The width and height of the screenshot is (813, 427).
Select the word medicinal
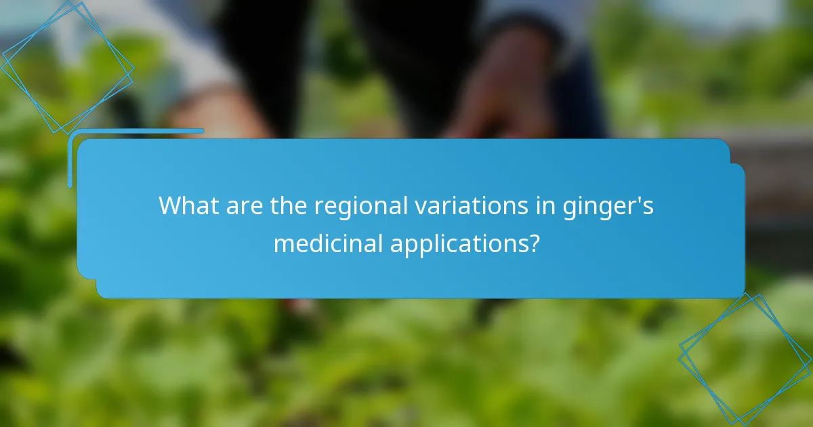[328, 242]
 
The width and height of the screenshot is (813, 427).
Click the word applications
[458, 243]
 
